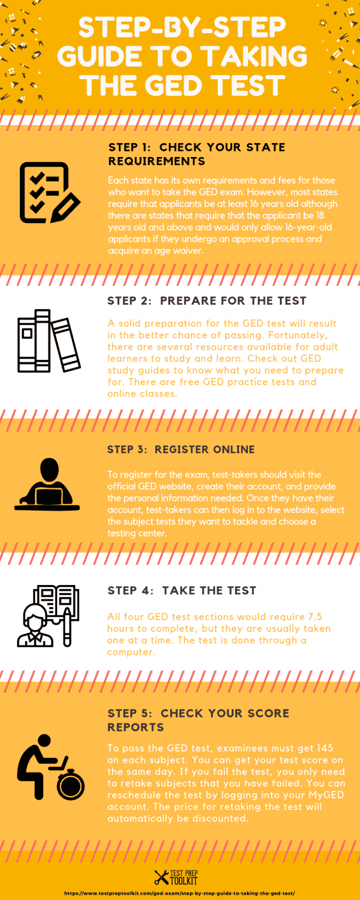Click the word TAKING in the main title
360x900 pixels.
pos(255,56)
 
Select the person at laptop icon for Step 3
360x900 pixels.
pos(48,484)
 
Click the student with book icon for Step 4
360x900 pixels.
pos(48,616)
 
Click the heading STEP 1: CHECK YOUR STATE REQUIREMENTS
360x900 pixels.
pos(196,154)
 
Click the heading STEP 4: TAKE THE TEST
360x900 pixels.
pos(182,591)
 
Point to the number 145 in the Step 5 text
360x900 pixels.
pos(325,748)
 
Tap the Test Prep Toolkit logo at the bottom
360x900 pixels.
pos(176,877)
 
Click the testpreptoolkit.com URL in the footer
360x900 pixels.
pos(180,893)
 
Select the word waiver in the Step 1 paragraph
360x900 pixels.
pos(188,251)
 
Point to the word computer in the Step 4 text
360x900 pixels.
pos(131,652)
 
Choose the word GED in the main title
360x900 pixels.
pos(174,86)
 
